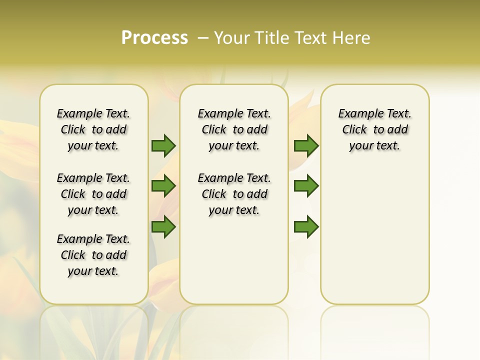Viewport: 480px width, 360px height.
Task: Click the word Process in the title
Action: (154, 38)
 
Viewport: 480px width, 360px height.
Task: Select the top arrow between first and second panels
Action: (163, 145)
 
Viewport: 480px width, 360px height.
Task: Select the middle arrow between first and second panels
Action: (163, 186)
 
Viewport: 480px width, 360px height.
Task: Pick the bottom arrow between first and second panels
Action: (163, 227)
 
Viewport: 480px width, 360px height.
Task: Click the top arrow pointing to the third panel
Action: (306, 145)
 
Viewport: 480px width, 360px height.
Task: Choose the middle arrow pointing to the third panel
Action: (306, 186)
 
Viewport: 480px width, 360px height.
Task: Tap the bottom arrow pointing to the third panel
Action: (306, 227)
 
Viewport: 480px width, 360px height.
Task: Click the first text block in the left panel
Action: (93, 129)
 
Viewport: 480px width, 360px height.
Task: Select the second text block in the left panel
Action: (93, 194)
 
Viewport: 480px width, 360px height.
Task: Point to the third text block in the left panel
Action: (93, 255)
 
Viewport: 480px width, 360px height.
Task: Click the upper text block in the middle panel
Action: (234, 129)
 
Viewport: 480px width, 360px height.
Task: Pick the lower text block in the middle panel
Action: (234, 194)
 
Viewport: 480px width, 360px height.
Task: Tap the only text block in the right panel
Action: (375, 129)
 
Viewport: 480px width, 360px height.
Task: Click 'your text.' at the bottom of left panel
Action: (93, 271)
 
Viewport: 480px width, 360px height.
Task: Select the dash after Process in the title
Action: (202, 38)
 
